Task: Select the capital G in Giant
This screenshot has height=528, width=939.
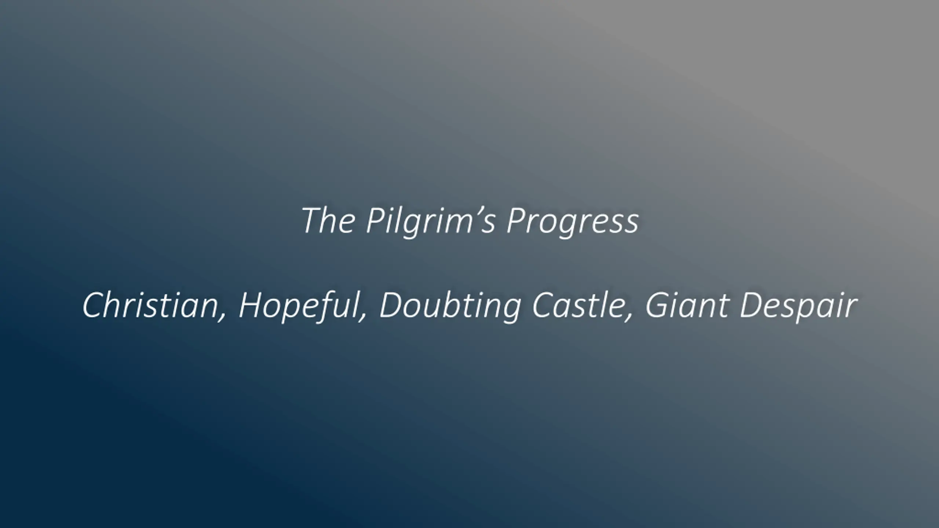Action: tap(657, 305)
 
